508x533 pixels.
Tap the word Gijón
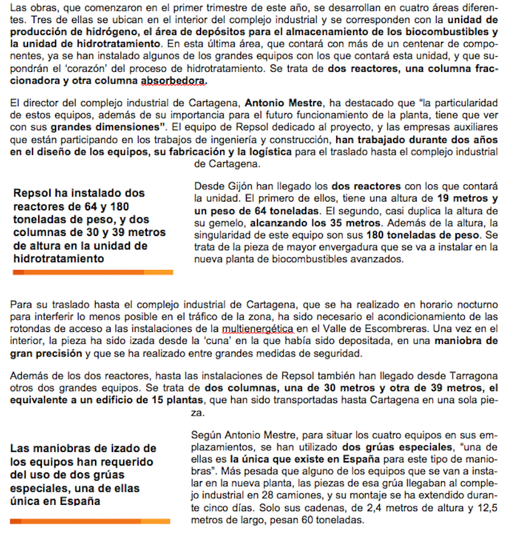pos(239,187)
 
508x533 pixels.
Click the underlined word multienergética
pos(258,329)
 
